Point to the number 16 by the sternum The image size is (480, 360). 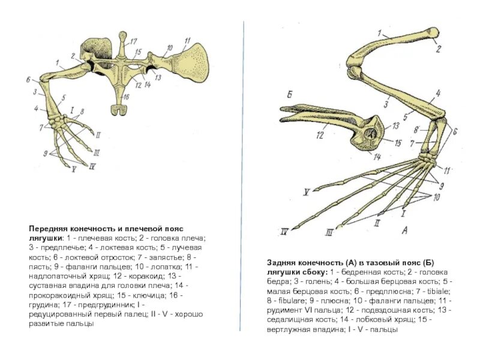click(x=126, y=97)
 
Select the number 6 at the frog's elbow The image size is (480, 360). click(x=28, y=79)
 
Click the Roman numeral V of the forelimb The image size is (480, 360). click(x=74, y=170)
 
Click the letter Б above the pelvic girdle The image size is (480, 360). click(x=289, y=95)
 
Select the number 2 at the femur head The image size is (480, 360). click(x=439, y=48)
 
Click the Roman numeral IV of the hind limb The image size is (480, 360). click(x=286, y=230)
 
